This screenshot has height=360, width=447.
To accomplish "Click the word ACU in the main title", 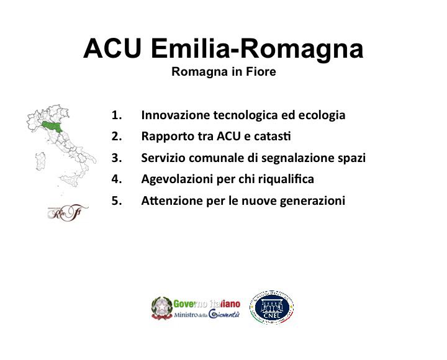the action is pos(112,48).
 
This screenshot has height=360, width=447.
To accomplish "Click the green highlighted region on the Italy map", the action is pos(52,126).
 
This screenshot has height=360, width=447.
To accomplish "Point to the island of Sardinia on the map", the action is pos(40,161).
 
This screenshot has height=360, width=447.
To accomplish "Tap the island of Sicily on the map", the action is pos(68,181).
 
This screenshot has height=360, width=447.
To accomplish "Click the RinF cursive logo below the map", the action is pos(68,213).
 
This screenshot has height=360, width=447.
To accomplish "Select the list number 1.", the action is pos(117,115).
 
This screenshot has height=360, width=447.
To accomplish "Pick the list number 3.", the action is pos(117,158).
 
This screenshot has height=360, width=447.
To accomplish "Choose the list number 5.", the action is pos(117,200).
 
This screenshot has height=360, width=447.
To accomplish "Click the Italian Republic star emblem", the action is pos(162,308).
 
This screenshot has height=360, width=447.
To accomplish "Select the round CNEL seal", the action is pos(272,308).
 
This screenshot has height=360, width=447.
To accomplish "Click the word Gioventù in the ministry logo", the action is pos(223,314).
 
